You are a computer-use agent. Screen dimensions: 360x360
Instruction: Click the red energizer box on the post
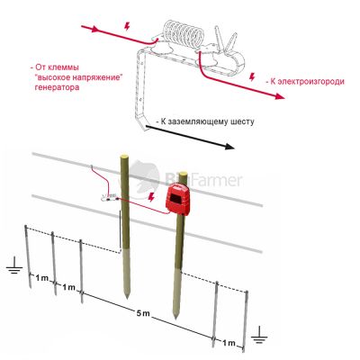[178, 199]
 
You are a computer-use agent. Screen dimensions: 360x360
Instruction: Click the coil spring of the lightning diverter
[184, 34]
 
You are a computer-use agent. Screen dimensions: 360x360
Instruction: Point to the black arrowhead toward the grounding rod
[229, 147]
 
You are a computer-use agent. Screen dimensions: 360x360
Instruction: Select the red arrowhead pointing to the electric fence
[279, 96]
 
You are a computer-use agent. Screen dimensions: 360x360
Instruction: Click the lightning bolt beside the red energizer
[152, 197]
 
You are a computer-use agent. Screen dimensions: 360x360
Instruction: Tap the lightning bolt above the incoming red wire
[127, 26]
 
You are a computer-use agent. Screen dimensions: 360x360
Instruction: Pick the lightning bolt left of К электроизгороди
[252, 77]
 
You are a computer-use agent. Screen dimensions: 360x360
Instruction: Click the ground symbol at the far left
[14, 265]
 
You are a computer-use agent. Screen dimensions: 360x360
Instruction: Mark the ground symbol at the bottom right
[259, 335]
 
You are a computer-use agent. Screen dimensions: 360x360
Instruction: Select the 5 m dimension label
[143, 313]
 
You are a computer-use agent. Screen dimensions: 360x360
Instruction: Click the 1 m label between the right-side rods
[229, 343]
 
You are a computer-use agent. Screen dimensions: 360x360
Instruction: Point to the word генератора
[57, 87]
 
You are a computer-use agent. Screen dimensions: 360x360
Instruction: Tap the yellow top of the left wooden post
[124, 157]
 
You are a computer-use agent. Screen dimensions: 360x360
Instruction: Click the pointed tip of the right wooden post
[175, 317]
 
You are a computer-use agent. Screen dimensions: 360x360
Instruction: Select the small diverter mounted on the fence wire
[109, 197]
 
